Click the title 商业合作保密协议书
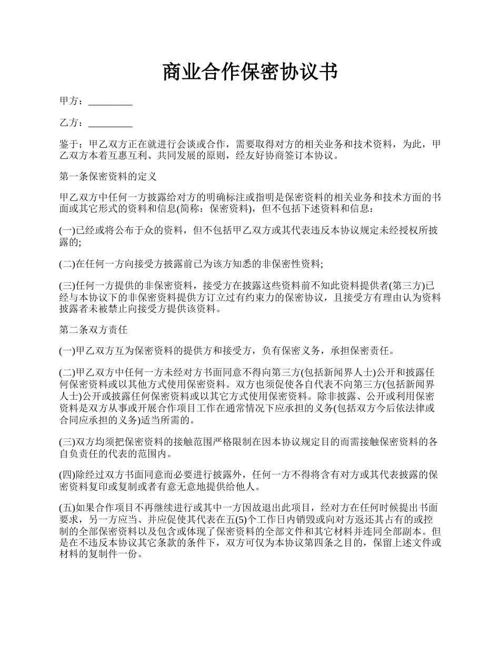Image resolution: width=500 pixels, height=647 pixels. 249,72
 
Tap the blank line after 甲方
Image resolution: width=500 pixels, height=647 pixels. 110,102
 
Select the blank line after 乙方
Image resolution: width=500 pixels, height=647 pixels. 110,124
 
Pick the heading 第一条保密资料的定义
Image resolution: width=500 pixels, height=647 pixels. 108,177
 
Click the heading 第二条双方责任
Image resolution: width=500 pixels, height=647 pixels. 93,330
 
